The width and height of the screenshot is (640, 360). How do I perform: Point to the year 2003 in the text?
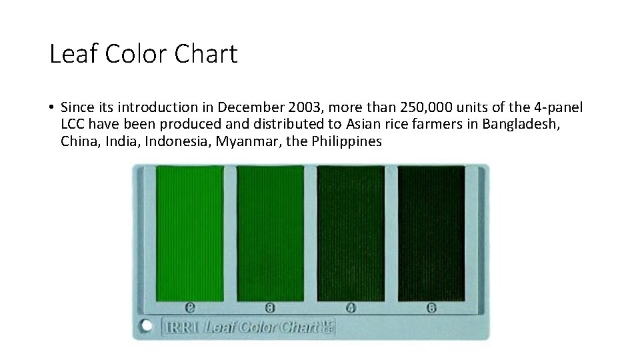pos(301,107)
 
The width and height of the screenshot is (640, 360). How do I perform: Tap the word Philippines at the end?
pos(347,141)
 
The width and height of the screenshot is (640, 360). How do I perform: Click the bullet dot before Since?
pos(51,108)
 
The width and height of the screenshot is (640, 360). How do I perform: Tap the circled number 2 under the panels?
pos(190,307)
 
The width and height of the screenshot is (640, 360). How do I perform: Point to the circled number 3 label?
pos(270,307)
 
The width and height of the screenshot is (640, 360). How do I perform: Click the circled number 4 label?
pos(351,307)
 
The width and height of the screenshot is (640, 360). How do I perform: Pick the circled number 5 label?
pos(431,307)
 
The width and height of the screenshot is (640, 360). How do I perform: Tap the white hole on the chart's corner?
pos(146,327)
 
